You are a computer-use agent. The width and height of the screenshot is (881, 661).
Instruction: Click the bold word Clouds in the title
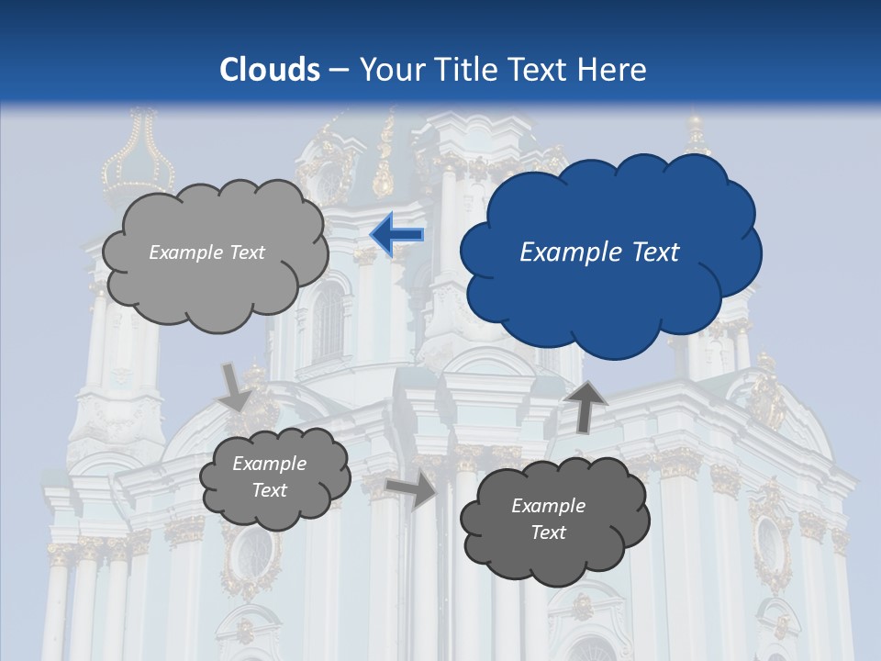point(270,70)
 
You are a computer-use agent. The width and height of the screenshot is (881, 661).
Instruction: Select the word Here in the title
point(615,70)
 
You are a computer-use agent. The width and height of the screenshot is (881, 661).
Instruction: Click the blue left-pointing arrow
point(397,235)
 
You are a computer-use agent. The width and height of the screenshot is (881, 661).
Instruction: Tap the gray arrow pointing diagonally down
point(236,387)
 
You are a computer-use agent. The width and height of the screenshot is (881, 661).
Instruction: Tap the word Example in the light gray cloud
point(184,252)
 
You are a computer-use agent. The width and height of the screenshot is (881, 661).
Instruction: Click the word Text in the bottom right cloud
point(548,532)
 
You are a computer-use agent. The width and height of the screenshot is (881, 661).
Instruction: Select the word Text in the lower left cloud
point(269,490)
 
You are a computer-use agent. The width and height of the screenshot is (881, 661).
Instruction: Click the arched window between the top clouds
point(328,321)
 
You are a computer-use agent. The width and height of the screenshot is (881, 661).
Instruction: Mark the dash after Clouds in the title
point(337,70)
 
